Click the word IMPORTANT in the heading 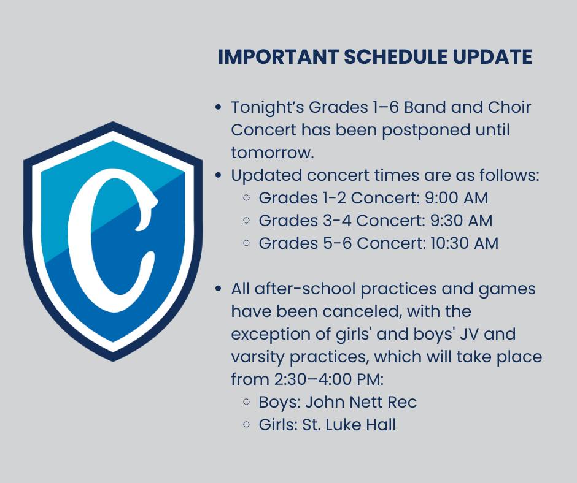tap(278, 57)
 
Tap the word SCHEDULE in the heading tap(395, 57)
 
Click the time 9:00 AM tap(456, 198)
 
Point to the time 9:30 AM tap(461, 221)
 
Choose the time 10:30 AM tap(465, 243)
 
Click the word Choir tap(509, 107)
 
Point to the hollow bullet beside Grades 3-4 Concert tap(247, 221)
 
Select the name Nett tap(365, 401)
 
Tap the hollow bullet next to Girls tap(247, 425)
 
